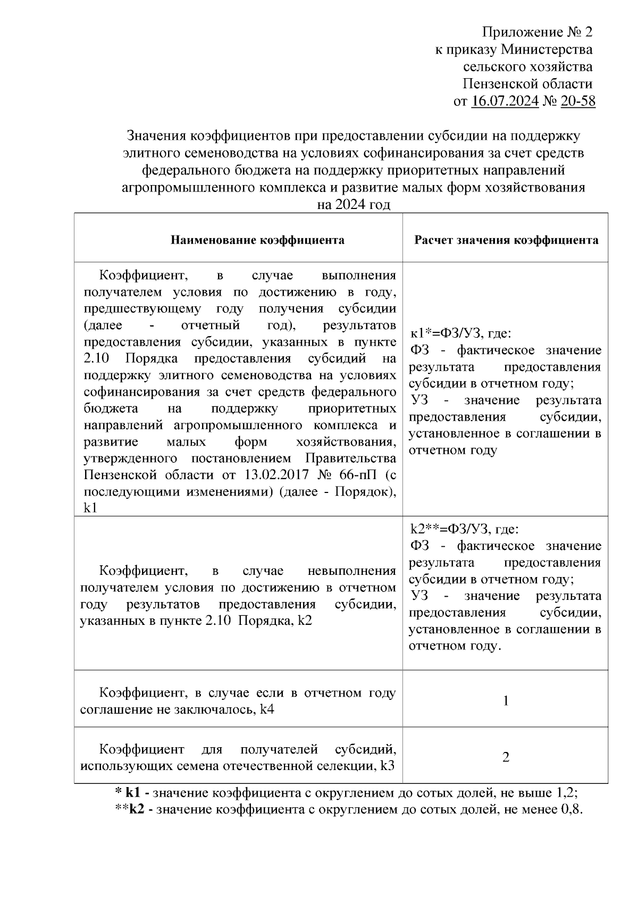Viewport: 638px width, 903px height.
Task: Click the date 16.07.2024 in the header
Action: pos(505,101)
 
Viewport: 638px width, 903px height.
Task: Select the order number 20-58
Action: pos(577,101)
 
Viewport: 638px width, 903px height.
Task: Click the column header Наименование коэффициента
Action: pos(257,240)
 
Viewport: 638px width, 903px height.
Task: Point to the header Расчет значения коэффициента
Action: pos(506,240)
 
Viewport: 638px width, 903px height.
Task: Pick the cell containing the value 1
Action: pos(506,700)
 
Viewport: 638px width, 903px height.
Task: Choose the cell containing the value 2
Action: pos(506,757)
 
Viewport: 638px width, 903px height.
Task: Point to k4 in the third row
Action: pos(267,709)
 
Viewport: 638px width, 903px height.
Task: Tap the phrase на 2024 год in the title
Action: pos(354,205)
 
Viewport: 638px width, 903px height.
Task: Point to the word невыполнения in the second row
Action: pos(352,571)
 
